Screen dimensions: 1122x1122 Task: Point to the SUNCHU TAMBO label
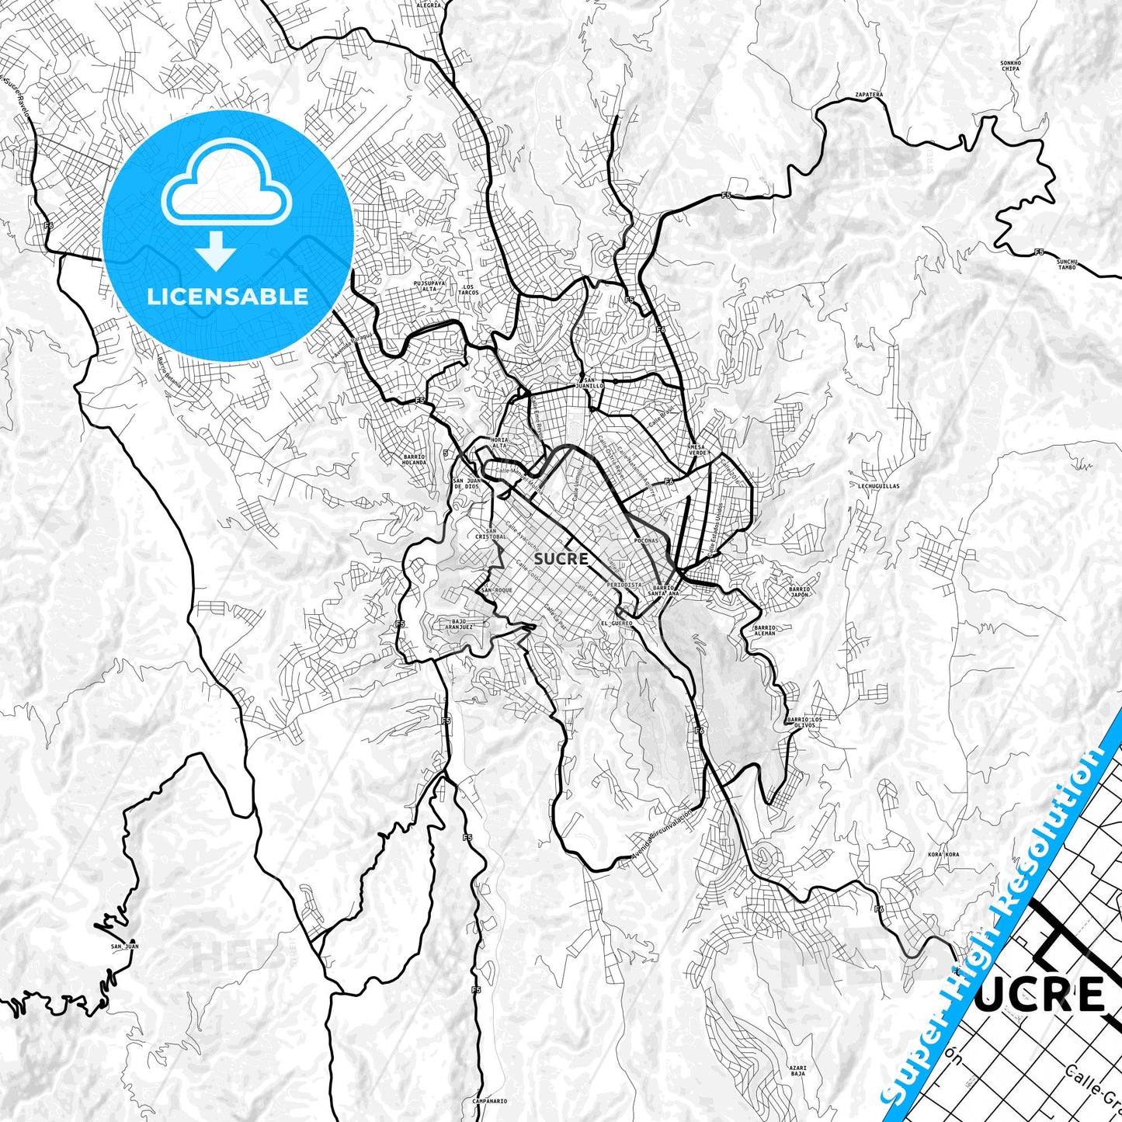pyautogui.click(x=1067, y=265)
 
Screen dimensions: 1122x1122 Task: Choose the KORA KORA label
pyautogui.click(x=943, y=854)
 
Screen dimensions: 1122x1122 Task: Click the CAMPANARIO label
pyautogui.click(x=489, y=1100)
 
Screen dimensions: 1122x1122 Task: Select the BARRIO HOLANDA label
pyautogui.click(x=414, y=460)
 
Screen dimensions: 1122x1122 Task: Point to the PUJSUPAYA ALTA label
pyautogui.click(x=430, y=287)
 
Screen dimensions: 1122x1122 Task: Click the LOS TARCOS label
pyautogui.click(x=468, y=290)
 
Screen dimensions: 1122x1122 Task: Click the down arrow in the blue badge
pyautogui.click(x=216, y=252)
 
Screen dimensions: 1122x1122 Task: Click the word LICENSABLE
pyautogui.click(x=228, y=297)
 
